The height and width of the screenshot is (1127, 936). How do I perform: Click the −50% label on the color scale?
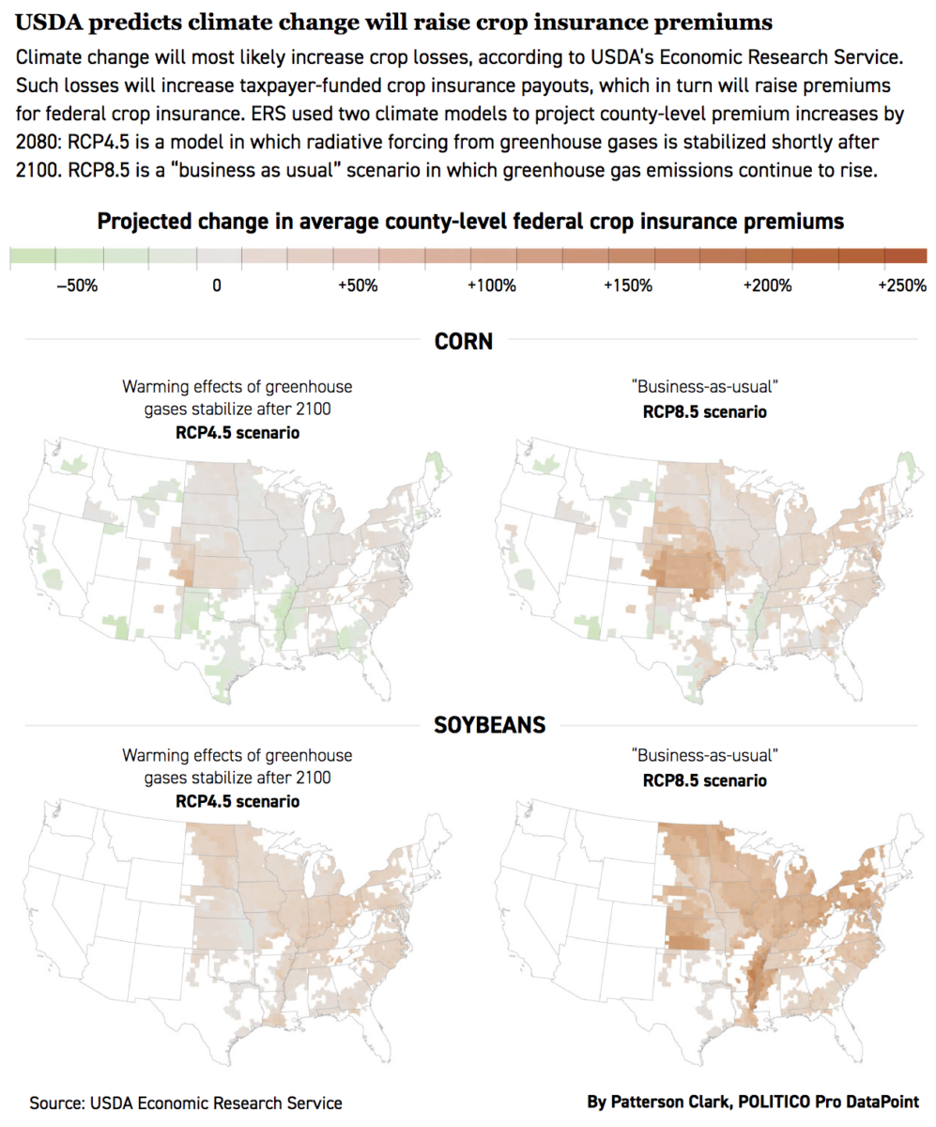(x=77, y=286)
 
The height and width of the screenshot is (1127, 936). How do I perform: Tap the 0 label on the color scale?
(x=217, y=286)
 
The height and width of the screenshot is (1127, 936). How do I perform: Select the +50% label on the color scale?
(x=357, y=286)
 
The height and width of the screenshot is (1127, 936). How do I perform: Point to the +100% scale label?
(x=491, y=286)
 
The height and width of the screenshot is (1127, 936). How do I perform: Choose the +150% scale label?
(x=629, y=286)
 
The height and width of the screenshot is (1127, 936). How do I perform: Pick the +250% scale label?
(x=902, y=286)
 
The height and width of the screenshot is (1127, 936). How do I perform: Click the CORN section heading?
(x=464, y=342)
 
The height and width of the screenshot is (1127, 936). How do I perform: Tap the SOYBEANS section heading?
(x=464, y=725)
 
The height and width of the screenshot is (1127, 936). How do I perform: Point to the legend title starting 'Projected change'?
(x=469, y=223)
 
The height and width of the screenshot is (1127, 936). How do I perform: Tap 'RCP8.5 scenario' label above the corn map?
(x=704, y=411)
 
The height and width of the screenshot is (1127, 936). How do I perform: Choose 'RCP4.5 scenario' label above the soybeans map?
(x=238, y=801)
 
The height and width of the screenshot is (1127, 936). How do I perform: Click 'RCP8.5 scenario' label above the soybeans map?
(x=704, y=780)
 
